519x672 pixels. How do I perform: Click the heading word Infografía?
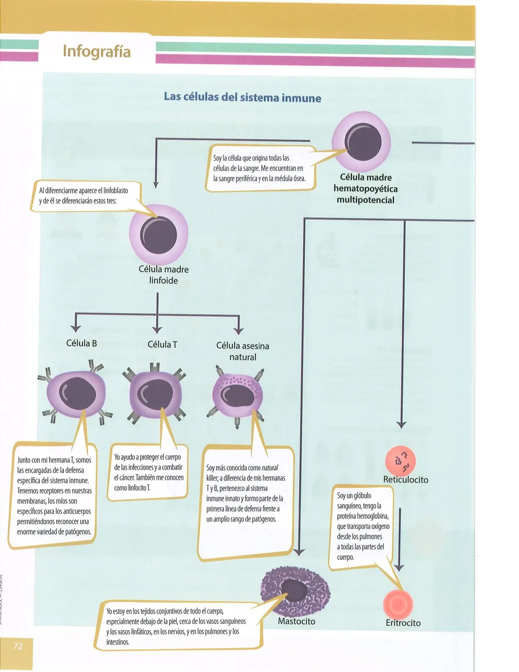pos(97,51)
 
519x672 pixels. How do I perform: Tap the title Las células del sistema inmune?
pos(242,97)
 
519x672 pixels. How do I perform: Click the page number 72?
pos(18,646)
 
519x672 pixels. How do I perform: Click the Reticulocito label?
pos(406,479)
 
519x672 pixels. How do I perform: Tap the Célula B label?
pos(81,343)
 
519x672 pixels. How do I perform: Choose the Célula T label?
pos(162,344)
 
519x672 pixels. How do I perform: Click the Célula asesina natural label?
pos(243,351)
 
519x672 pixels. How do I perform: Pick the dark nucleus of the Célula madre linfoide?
pos(158,235)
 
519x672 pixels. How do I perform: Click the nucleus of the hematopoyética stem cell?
pos(363,142)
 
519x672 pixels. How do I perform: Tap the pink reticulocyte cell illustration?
pos(400,461)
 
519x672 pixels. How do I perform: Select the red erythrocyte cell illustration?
pos(398,604)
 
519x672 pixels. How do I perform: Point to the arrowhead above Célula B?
pos(76,328)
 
